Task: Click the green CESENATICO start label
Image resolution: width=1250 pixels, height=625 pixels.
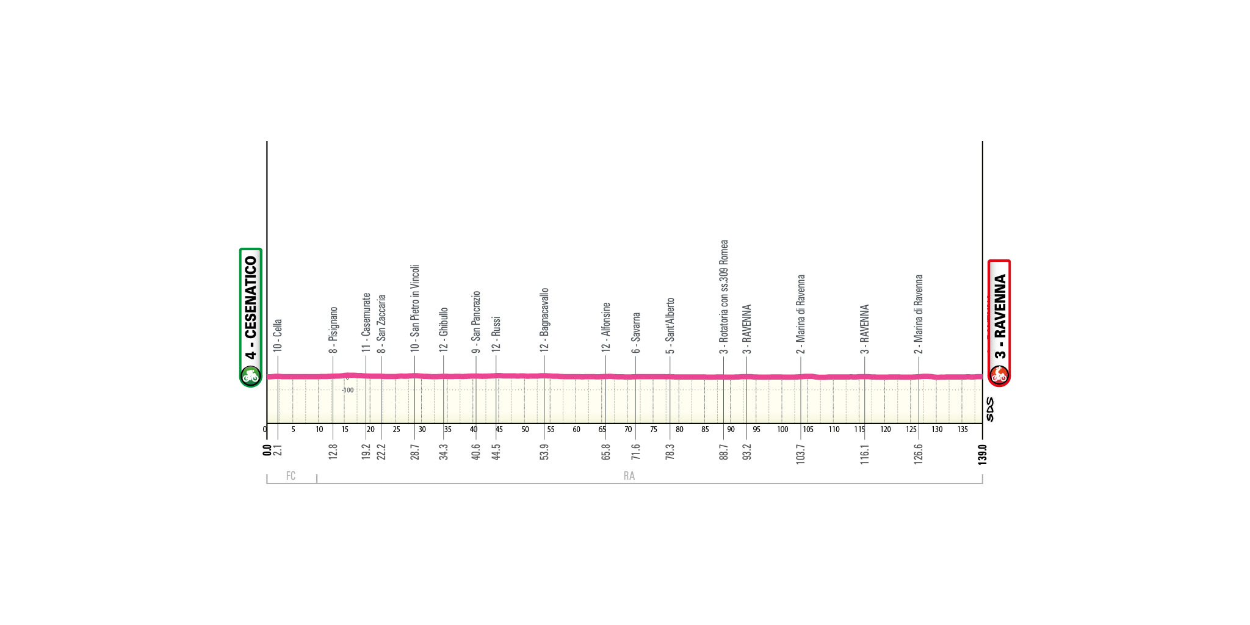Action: click(250, 308)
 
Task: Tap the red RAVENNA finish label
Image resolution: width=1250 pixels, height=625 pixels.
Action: click(999, 316)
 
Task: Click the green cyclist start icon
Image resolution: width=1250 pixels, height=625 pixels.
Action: click(250, 375)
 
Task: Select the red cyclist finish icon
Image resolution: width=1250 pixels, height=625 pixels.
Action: click(999, 375)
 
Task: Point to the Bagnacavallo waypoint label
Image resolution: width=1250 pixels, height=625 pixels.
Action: click(544, 320)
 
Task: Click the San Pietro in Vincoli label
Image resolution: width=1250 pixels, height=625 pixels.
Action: click(415, 308)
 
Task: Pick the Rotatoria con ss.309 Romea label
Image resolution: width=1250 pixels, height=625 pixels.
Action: click(724, 297)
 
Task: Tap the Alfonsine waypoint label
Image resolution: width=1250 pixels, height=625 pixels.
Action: click(606, 327)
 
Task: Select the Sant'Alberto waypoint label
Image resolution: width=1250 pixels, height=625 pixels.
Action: click(670, 325)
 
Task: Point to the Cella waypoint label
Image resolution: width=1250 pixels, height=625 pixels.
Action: click(278, 335)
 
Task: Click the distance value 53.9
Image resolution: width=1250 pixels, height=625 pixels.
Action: click(544, 452)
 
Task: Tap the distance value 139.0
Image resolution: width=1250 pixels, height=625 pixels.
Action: click(982, 454)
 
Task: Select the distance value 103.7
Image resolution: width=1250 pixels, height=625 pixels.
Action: click(800, 454)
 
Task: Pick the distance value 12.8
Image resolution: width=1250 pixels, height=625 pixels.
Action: click(333, 452)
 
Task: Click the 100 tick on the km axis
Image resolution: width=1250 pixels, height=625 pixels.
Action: click(782, 430)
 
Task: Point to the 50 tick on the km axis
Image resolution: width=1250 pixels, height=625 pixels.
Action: click(525, 430)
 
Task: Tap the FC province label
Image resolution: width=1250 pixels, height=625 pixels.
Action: click(291, 476)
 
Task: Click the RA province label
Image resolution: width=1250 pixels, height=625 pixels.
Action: click(629, 476)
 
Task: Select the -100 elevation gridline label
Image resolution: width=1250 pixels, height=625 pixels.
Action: click(347, 390)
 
